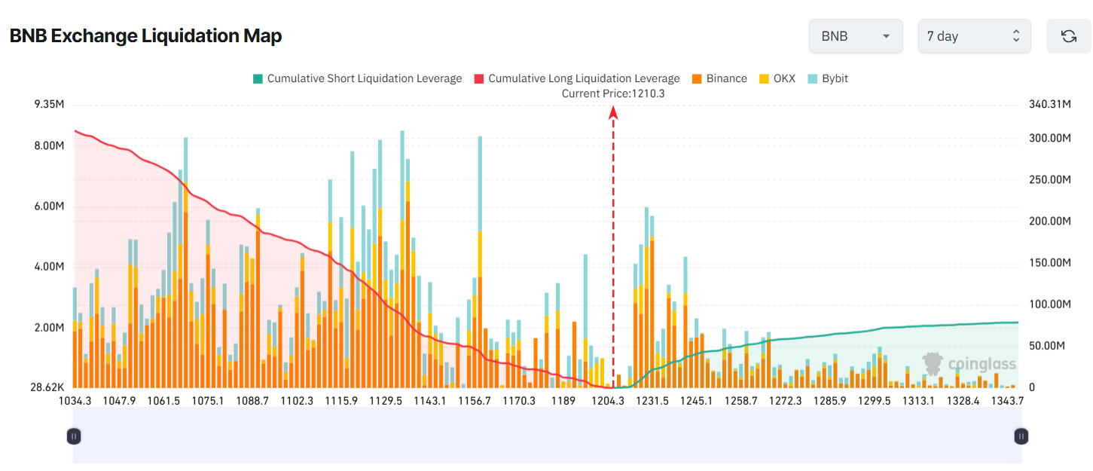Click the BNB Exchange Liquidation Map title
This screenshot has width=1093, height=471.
point(145,36)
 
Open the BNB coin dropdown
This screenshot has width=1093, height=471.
point(855,36)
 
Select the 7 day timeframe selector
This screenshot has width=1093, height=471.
point(973,36)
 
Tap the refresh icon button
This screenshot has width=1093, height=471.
point(1068,36)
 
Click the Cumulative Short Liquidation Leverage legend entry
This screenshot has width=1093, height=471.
point(357,78)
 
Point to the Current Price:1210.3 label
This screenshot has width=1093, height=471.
point(613,93)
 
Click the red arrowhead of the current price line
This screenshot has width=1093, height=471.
point(613,112)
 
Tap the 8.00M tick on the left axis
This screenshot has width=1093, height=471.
point(49,145)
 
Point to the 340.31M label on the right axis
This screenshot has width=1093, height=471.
point(1049,104)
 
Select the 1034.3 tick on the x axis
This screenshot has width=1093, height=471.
point(75,401)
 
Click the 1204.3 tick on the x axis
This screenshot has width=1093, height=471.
point(607,401)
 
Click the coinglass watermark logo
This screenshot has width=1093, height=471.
point(969,364)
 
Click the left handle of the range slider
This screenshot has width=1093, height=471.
point(74,436)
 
